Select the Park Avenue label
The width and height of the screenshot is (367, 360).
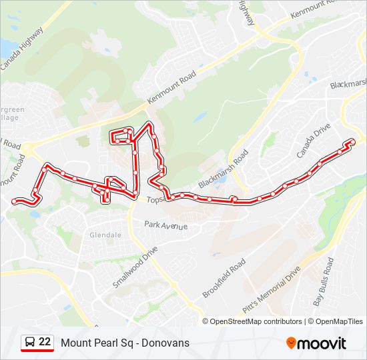click(x=166, y=225)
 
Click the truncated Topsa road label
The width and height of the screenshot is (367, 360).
click(x=155, y=199)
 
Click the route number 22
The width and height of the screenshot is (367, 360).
click(x=45, y=342)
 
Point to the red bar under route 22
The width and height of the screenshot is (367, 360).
click(x=37, y=351)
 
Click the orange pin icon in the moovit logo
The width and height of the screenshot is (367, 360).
click(x=292, y=343)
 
